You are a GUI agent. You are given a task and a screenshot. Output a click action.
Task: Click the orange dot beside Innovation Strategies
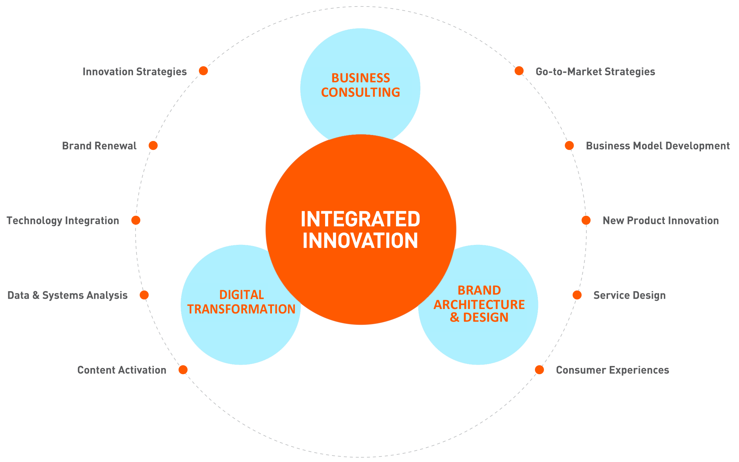203,71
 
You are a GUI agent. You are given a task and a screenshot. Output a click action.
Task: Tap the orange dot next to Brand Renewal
153,146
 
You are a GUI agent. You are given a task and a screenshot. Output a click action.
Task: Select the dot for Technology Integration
136,221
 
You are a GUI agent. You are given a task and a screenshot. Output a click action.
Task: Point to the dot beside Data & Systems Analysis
144,295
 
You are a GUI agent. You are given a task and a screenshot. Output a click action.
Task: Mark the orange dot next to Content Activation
183,370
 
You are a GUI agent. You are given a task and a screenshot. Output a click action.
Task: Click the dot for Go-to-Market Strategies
519,71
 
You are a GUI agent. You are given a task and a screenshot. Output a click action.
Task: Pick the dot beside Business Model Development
569,146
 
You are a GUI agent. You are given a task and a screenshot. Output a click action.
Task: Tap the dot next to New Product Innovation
586,221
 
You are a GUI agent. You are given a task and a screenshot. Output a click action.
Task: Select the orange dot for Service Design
577,295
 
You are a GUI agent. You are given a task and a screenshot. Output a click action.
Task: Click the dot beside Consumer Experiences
539,370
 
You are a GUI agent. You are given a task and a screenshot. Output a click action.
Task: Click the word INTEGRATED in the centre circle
360,220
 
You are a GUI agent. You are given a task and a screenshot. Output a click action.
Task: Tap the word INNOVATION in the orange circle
360,241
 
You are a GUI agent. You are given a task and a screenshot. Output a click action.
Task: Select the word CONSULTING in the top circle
360,93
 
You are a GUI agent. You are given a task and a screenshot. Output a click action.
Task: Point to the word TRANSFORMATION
241,309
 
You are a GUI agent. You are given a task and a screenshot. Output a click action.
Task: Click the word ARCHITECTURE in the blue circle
479,305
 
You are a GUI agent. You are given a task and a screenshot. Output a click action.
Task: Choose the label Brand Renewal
99,146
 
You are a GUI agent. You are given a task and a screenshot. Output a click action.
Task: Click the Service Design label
629,296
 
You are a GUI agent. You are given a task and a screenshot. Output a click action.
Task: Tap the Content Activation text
122,370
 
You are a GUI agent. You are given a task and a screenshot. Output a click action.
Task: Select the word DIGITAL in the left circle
241,295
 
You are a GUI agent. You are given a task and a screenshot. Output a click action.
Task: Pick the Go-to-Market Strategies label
595,72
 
